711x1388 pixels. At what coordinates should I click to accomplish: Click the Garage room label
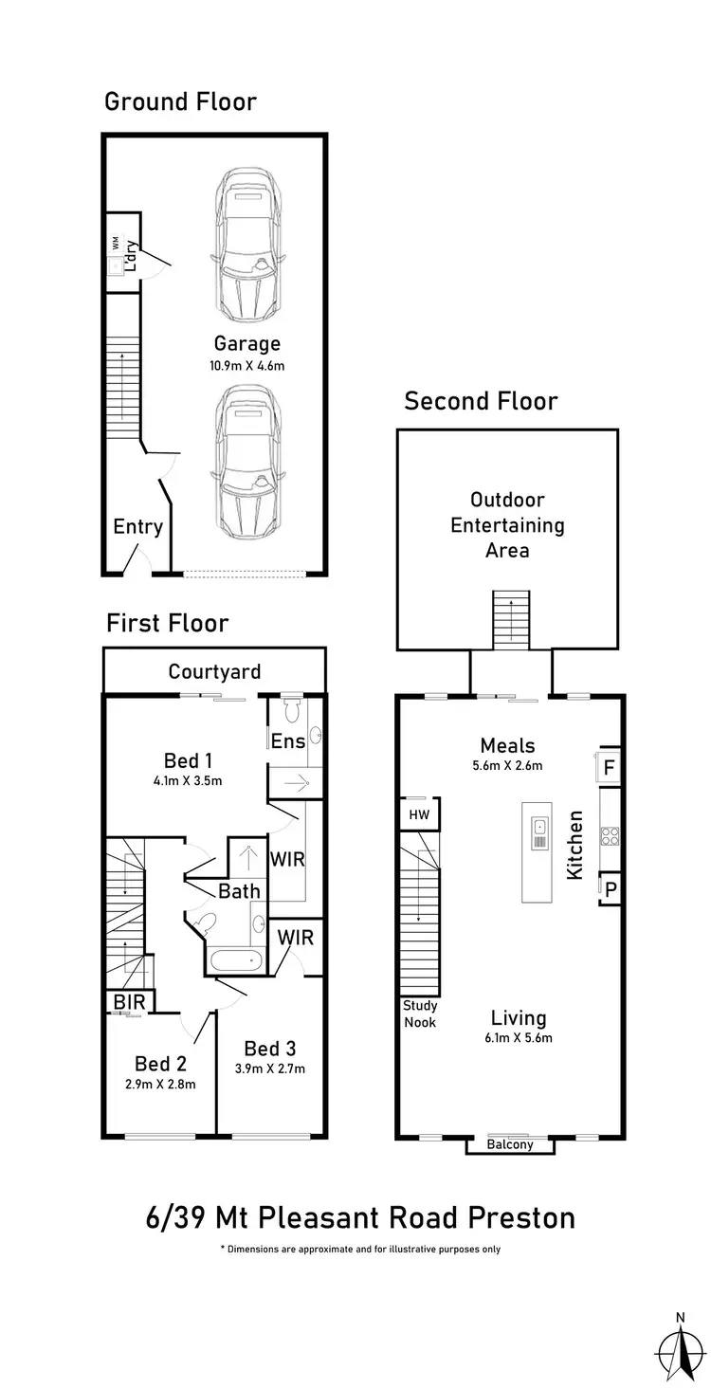tap(246, 343)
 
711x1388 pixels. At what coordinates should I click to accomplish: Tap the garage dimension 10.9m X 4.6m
tap(246, 365)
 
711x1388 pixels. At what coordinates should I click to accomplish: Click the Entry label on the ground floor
tap(137, 527)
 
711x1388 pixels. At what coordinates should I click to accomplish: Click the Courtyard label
tap(214, 672)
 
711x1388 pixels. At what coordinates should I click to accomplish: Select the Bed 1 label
tap(188, 760)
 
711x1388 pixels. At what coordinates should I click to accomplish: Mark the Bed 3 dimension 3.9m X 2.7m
tap(269, 1069)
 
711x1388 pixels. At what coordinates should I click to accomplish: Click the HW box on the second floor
tap(417, 814)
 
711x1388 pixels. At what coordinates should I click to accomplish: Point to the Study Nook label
tap(419, 1014)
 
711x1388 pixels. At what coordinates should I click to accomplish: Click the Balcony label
tap(510, 1144)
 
